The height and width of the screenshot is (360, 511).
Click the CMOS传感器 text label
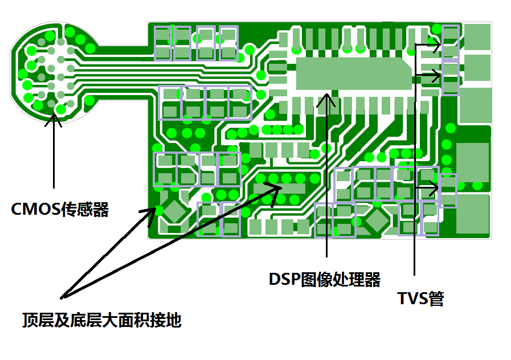(x=60, y=209)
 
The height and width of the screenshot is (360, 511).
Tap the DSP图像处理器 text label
(x=324, y=280)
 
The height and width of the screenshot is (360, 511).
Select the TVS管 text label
(x=421, y=298)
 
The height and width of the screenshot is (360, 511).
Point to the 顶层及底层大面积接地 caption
(x=102, y=320)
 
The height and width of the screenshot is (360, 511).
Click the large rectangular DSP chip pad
(x=353, y=74)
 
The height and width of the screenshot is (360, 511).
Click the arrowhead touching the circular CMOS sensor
(x=54, y=118)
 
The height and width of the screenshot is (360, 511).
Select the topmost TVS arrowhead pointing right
(x=436, y=44)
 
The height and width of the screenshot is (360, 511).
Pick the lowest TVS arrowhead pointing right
(x=435, y=187)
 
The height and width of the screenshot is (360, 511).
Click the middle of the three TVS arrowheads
(x=436, y=75)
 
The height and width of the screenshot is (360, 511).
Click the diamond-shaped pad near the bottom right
(x=377, y=219)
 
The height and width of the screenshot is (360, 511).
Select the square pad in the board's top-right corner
(x=477, y=36)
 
